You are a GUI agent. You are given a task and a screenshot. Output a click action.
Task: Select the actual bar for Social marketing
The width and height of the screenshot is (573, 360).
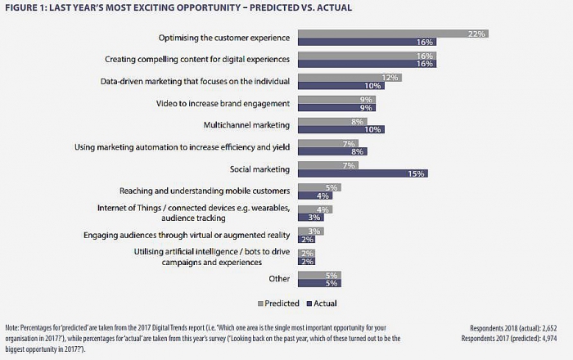(x=362, y=173)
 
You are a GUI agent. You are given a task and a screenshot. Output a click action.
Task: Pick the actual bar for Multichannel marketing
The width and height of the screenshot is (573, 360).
(x=341, y=129)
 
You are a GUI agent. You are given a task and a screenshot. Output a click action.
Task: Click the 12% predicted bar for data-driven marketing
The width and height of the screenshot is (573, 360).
(x=348, y=78)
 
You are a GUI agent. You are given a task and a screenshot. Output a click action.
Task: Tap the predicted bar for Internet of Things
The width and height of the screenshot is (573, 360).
(x=314, y=209)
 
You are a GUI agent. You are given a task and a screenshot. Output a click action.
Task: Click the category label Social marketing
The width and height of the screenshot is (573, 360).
(x=261, y=169)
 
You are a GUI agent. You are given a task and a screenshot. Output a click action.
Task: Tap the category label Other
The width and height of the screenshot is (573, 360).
(x=280, y=279)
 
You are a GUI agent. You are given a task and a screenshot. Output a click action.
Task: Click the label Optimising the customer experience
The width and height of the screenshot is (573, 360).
(x=223, y=38)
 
